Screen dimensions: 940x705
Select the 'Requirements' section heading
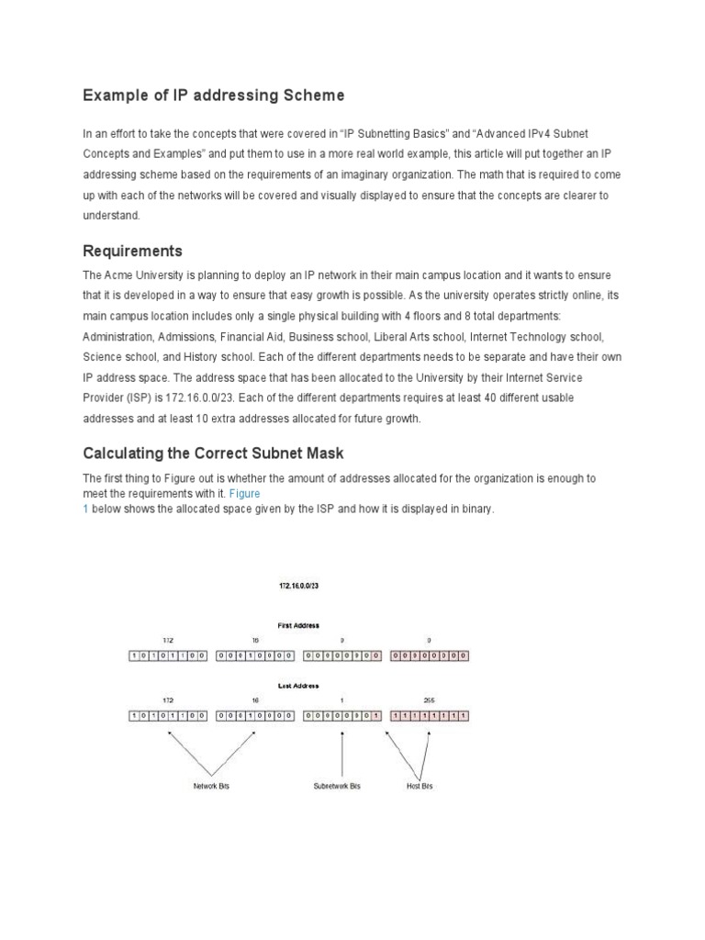click(x=132, y=251)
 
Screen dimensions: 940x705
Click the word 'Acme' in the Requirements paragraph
click(x=124, y=275)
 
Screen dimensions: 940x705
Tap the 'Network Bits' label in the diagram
click(x=211, y=787)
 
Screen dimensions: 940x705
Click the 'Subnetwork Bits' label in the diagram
click(x=337, y=787)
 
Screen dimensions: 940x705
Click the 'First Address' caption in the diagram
click(x=298, y=625)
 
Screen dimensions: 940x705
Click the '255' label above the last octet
click(x=430, y=699)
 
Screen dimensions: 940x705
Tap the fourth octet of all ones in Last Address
click(x=430, y=716)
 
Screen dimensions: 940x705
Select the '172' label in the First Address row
click(x=167, y=640)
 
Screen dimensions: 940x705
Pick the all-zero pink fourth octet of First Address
click(x=430, y=656)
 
